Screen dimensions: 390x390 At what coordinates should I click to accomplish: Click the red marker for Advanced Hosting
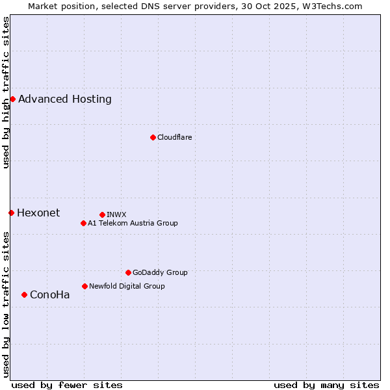coord(12,99)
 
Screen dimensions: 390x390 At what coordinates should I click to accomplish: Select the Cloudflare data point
coord(153,137)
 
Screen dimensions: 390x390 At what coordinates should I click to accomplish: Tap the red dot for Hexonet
coord(11,213)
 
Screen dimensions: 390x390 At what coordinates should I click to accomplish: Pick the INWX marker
coord(102,214)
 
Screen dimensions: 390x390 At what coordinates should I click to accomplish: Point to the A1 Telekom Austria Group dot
coord(83,223)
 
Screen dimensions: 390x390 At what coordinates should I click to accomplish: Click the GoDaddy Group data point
coord(128,272)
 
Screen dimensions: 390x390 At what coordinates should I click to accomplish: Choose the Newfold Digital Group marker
coord(84,286)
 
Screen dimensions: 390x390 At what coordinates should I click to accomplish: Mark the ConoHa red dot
coord(24,294)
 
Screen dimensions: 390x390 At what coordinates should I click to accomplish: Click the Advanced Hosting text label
coord(65,99)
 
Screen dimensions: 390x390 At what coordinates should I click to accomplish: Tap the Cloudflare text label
coord(174,137)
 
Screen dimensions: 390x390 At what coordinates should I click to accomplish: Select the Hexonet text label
coord(38,213)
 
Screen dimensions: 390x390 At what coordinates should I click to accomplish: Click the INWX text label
coord(116,214)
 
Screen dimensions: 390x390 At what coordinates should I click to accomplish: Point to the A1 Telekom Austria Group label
coord(133,223)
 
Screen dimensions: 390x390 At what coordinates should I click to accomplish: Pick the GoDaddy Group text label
coord(160,272)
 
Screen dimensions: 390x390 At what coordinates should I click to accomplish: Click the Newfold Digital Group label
coord(127,286)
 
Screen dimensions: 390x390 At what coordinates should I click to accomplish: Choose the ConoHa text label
coord(49,295)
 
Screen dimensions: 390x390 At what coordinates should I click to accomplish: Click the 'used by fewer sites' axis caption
coord(67,385)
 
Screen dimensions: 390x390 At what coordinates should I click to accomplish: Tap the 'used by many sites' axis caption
coord(326,385)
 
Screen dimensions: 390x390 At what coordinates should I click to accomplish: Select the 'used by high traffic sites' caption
coord(6,92)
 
